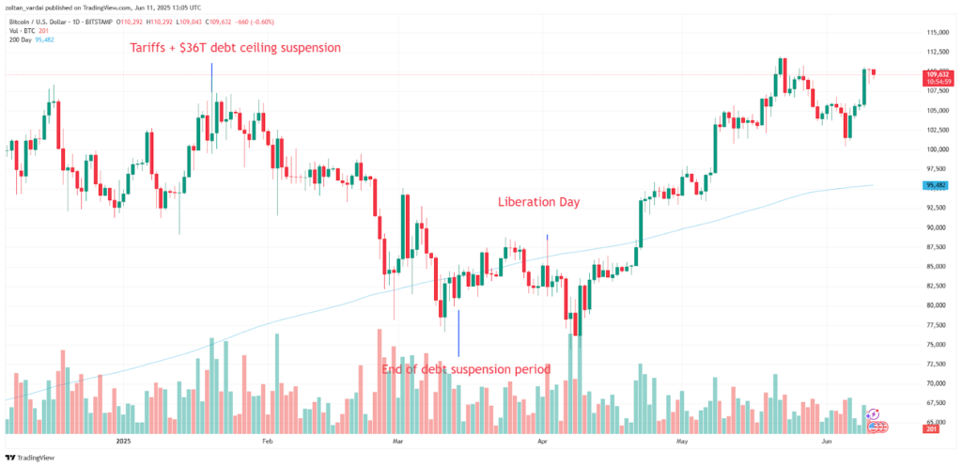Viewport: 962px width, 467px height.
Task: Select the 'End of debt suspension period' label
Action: coord(465,368)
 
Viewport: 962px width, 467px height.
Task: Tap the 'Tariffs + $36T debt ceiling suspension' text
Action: coord(234,47)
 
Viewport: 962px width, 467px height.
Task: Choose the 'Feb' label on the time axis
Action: coord(266,440)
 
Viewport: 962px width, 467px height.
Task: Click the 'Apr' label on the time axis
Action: coord(541,440)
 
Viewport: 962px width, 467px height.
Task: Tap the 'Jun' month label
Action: coord(827,440)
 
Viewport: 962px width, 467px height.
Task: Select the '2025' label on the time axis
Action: coord(122,440)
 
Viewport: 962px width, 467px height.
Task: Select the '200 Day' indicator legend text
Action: coord(22,39)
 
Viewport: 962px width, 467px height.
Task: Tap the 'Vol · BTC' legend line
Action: coord(25,29)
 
